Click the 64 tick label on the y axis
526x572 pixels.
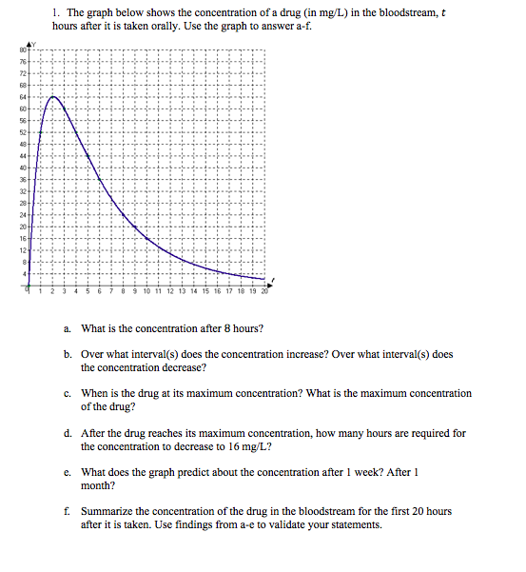coord(17,96)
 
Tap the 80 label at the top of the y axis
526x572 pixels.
coord(17,49)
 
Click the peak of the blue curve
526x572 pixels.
coord(53,96)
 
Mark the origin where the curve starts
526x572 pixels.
coord(29,285)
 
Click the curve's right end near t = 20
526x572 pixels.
coord(265,279)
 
